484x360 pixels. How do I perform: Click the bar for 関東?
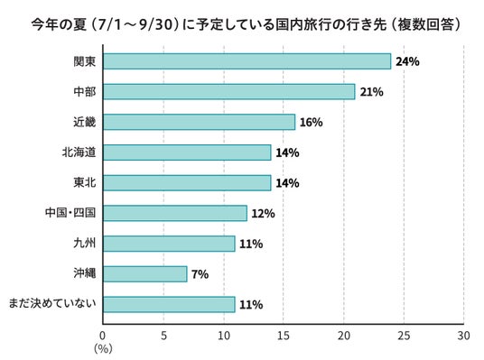click(247, 61)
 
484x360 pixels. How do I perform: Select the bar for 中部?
click(229, 92)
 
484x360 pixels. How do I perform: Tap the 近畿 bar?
click(199, 122)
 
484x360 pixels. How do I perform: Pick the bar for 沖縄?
click(145, 274)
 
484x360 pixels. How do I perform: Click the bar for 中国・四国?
click(175, 213)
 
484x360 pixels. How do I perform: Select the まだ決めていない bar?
click(169, 304)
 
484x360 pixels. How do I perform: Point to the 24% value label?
click(407, 61)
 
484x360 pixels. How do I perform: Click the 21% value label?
click(372, 92)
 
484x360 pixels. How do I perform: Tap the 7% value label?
click(200, 274)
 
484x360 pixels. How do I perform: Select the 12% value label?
click(263, 214)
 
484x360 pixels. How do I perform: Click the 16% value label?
click(312, 123)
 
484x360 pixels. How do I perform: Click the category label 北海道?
click(79, 152)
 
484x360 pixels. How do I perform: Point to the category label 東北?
click(85, 182)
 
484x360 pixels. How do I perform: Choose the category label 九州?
click(85, 244)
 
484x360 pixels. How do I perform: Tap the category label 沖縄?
click(85, 273)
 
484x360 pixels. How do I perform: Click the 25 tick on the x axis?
click(404, 336)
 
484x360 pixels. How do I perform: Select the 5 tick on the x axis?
click(163, 336)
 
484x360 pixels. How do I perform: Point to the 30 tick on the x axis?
click(463, 336)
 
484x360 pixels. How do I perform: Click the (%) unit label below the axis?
click(103, 349)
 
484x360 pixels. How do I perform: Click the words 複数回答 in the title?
click(425, 24)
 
